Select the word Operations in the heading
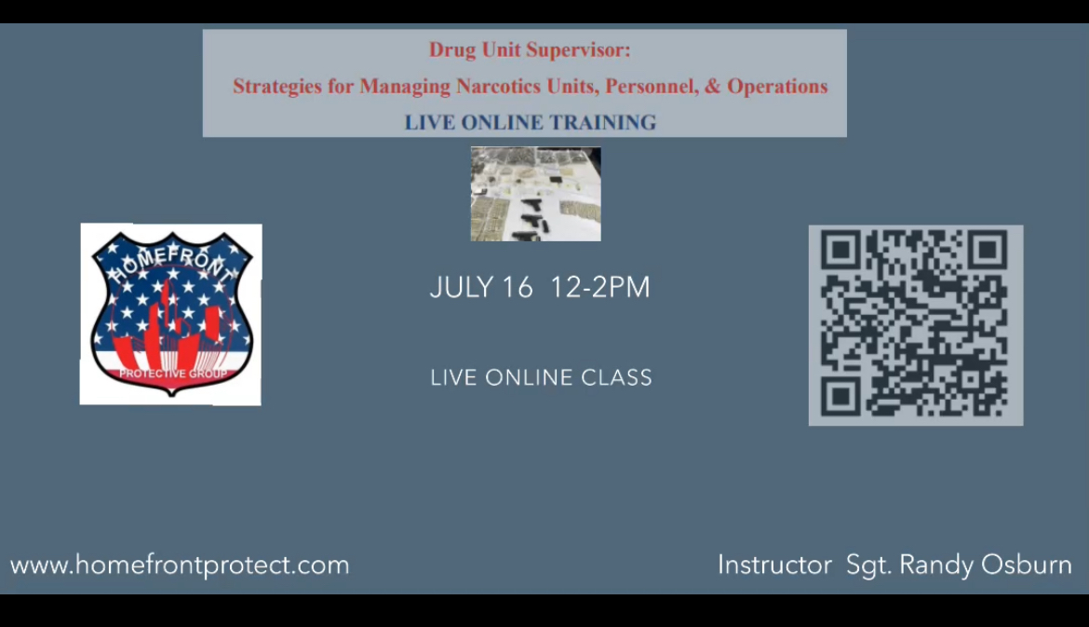[x=777, y=87]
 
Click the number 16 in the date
[x=518, y=288]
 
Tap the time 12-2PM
[x=600, y=288]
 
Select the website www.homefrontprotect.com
[x=180, y=566]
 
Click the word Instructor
[x=774, y=565]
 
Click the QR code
[x=915, y=325]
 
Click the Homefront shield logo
[x=171, y=313]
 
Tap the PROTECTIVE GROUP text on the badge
[x=173, y=374]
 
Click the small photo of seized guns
[x=536, y=194]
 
